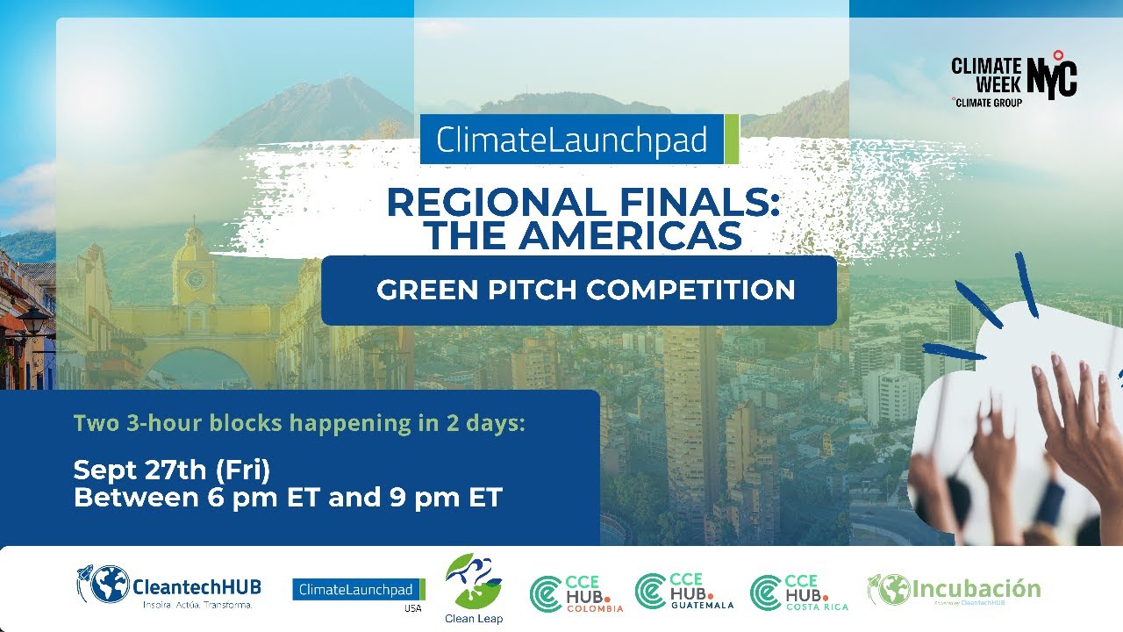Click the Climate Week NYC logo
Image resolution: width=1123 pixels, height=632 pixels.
pyautogui.click(x=1013, y=80)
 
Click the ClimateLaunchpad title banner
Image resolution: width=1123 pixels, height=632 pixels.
pyautogui.click(x=572, y=139)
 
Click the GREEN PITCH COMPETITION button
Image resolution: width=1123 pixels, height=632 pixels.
pyautogui.click(x=586, y=291)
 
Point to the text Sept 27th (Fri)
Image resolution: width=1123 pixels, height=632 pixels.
pyautogui.click(x=172, y=470)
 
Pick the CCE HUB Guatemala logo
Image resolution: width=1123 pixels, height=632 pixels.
pyautogui.click(x=683, y=591)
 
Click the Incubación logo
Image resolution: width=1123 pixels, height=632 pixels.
pyautogui.click(x=954, y=590)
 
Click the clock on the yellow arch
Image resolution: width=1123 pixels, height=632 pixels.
pyautogui.click(x=195, y=280)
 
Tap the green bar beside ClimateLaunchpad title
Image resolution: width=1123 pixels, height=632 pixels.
pyautogui.click(x=732, y=139)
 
